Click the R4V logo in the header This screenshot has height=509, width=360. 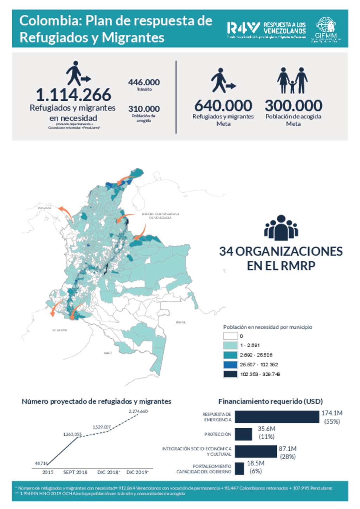(243, 28)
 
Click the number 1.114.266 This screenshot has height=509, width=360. (73, 95)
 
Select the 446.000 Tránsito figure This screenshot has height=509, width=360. (144, 83)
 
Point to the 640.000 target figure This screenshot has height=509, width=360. (223, 106)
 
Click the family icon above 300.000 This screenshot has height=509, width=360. (292, 80)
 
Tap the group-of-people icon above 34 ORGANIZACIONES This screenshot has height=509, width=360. (281, 228)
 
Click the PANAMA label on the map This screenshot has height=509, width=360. (45, 208)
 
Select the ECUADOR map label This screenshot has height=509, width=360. (60, 330)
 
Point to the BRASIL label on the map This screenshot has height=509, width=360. (181, 322)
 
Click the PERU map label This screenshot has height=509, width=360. (108, 353)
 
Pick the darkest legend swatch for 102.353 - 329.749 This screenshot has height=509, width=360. (230, 374)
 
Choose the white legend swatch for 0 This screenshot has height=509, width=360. (230, 336)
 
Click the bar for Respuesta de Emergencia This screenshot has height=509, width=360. (277, 417)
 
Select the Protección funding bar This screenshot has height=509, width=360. (243, 434)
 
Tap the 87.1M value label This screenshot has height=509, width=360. (288, 449)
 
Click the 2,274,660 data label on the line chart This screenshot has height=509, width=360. (138, 411)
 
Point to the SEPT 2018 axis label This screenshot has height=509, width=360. (75, 472)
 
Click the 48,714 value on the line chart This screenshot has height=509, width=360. (41, 463)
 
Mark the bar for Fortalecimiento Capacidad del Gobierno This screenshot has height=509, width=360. (239, 469)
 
